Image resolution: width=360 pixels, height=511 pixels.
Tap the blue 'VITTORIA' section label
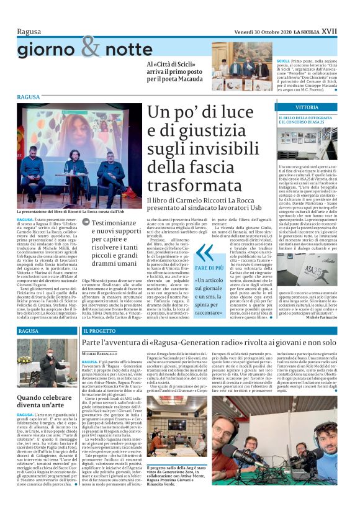pyautogui.click(x=290, y=107)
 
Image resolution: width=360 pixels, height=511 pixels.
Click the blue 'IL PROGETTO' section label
pyautogui.click(x=101, y=332)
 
